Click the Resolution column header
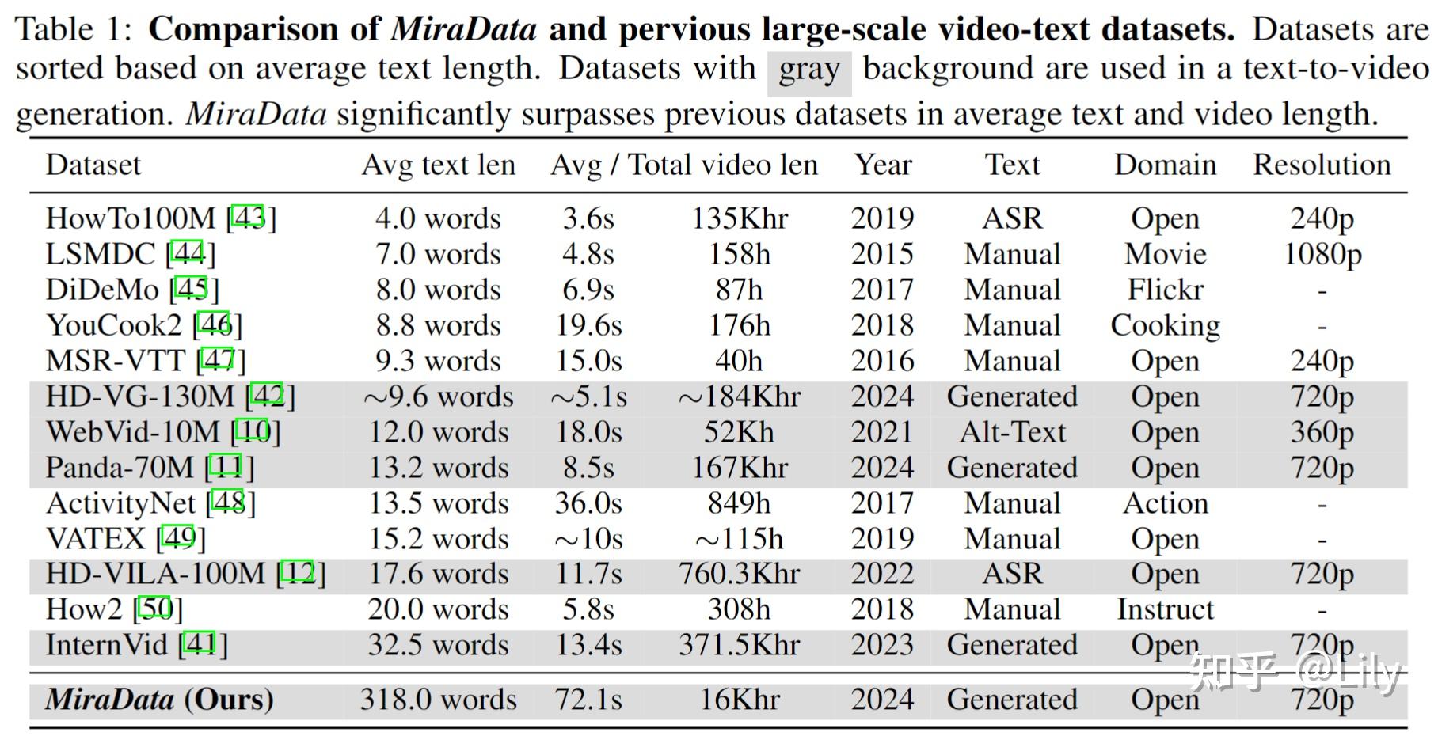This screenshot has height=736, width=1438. [x=1321, y=165]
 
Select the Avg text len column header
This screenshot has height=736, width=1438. [x=438, y=165]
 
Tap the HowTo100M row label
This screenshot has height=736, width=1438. [x=131, y=218]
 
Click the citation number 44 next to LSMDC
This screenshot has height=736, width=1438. [x=188, y=254]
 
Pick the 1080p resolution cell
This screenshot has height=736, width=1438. [x=1322, y=254]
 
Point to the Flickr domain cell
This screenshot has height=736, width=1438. [x=1165, y=290]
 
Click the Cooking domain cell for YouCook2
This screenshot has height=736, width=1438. [x=1165, y=325]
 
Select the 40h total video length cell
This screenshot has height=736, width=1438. [x=738, y=361]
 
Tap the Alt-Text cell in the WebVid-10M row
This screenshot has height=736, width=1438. [x=1012, y=432]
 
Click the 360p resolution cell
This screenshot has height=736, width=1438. [x=1322, y=432]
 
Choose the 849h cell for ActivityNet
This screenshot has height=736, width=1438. [x=738, y=503]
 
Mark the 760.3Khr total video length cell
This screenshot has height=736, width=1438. [x=738, y=574]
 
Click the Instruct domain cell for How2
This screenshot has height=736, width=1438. [x=1165, y=609]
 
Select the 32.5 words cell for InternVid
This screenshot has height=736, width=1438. [x=438, y=645]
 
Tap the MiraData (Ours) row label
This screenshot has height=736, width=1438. [x=159, y=700]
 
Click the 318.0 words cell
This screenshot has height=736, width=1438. [x=438, y=700]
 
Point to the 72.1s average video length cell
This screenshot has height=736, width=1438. [x=588, y=700]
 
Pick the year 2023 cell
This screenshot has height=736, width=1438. [x=882, y=645]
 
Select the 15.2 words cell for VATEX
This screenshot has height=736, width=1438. [x=438, y=539]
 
